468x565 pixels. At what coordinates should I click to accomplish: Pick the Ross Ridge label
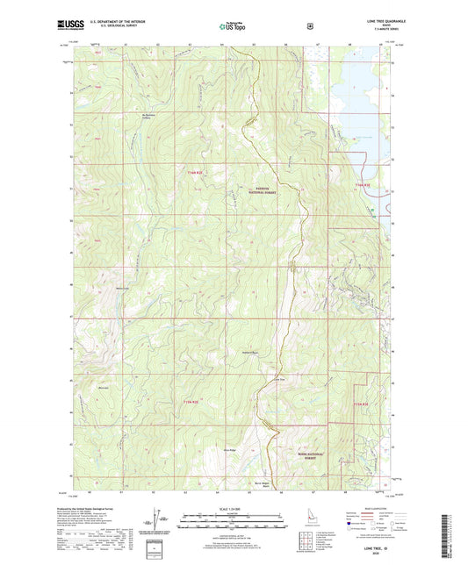[x=232, y=450]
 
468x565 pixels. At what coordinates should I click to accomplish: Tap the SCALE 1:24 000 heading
[x=233, y=511]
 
